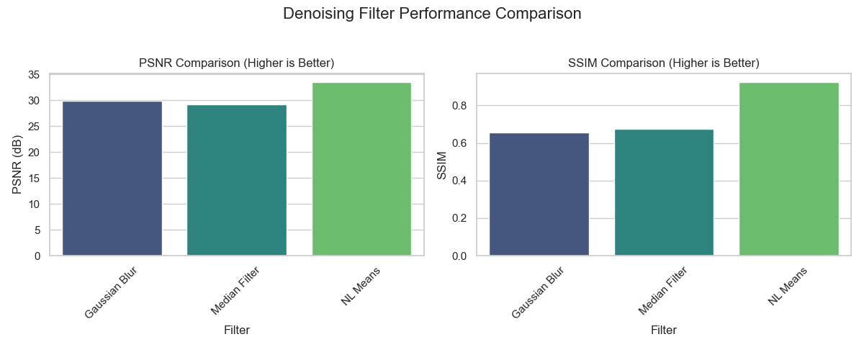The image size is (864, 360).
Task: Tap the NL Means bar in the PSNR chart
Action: (361, 169)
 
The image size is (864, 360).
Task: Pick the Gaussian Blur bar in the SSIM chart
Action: (539, 194)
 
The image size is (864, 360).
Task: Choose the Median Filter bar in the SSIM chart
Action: (664, 192)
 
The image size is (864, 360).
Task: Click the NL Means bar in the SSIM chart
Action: (789, 169)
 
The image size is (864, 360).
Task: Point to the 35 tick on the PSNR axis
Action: (35, 75)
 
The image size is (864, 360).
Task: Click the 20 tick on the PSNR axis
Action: (35, 153)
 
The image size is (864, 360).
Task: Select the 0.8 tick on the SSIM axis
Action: (459, 106)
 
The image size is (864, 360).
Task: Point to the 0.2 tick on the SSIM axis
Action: (459, 218)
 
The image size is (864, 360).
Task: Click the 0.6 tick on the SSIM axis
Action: (459, 143)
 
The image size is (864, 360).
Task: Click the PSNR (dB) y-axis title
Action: (17, 165)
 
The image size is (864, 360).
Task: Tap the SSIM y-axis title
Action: (441, 165)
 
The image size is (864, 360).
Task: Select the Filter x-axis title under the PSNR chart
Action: (237, 330)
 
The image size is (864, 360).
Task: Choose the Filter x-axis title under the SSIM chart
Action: (664, 330)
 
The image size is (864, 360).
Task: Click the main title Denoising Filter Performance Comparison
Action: (432, 14)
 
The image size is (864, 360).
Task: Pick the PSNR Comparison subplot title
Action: (237, 63)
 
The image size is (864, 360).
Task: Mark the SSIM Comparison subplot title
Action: (664, 63)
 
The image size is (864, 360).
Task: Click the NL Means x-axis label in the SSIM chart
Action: (786, 287)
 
